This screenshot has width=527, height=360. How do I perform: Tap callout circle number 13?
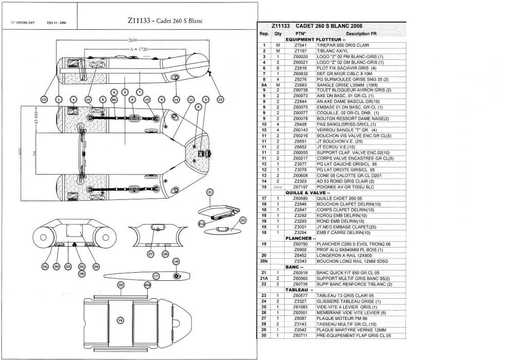click(44, 99)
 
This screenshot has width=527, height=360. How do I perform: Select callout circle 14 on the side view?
click(176, 99)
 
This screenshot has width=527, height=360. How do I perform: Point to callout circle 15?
click(220, 99)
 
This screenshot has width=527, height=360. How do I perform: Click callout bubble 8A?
click(114, 99)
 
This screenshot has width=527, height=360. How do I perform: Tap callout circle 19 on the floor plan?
click(120, 320)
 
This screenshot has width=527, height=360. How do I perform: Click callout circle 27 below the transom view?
click(151, 254)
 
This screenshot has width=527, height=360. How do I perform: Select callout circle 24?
click(45, 266)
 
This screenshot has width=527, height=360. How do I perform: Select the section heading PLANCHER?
click(298, 239)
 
